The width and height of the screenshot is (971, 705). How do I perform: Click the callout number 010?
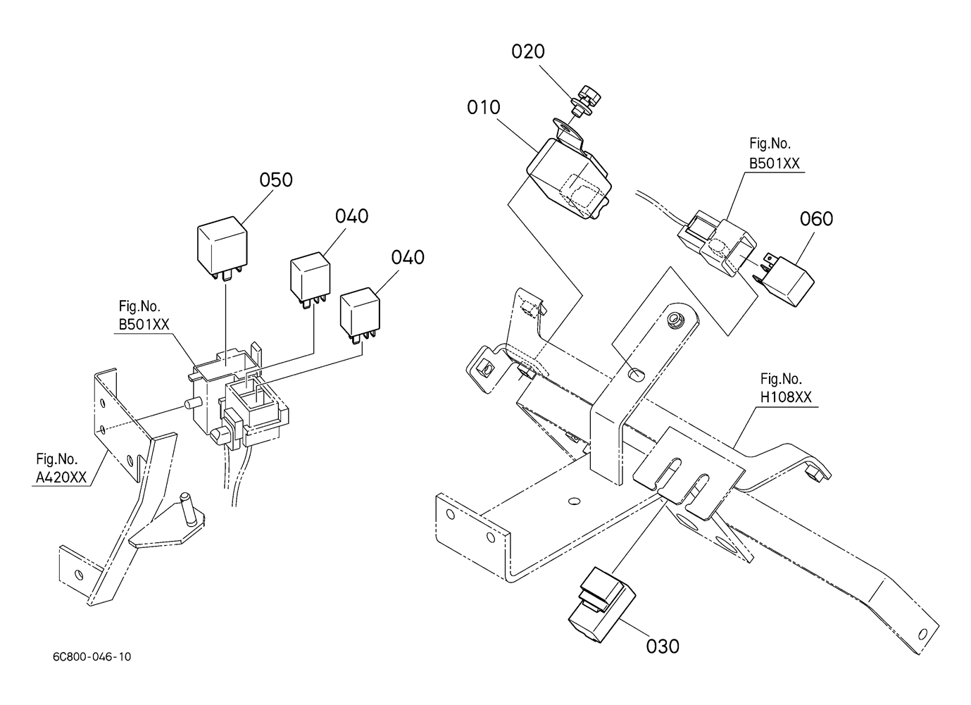[x=483, y=108]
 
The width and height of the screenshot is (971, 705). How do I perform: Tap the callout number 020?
[x=527, y=51]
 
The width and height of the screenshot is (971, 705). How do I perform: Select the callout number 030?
[x=663, y=647]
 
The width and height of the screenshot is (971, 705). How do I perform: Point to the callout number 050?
[x=276, y=180]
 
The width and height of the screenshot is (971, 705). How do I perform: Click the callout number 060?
[x=816, y=219]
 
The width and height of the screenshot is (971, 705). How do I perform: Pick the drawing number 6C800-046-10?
[x=92, y=657]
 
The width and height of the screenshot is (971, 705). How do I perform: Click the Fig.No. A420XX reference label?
[x=61, y=468]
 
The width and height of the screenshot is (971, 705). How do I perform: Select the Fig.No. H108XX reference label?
[x=786, y=388]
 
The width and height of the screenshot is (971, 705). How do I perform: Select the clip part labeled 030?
[x=601, y=604]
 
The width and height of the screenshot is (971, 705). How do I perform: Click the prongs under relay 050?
[x=225, y=274]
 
